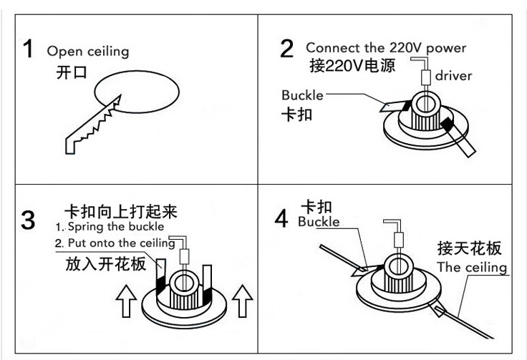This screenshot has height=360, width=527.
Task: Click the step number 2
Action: click(286, 49)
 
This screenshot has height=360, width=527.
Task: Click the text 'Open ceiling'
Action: click(88, 52)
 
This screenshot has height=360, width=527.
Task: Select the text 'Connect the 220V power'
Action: click(386, 48)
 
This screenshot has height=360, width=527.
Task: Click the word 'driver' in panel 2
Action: click(453, 76)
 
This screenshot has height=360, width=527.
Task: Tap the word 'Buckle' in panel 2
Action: click(302, 95)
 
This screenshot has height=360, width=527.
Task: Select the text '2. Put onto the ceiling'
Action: click(115, 243)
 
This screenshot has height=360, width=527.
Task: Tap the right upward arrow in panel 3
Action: click(244, 301)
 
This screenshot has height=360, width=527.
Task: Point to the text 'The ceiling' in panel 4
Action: click(472, 268)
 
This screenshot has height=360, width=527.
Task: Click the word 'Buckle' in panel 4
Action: click(319, 222)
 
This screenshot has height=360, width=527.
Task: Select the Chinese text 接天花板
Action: click(469, 248)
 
